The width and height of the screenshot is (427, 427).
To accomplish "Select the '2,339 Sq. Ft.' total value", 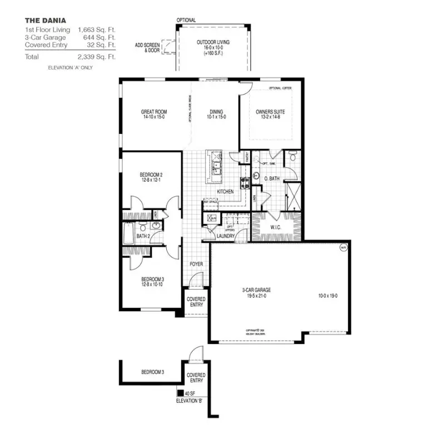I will pyautogui.click(x=97, y=57).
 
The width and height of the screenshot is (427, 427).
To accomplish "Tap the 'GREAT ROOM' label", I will pyautogui.click(x=153, y=112).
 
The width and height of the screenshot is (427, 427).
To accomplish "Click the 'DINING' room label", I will pyautogui.click(x=216, y=112).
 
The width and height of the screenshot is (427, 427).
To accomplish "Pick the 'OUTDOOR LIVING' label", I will pyautogui.click(x=213, y=42).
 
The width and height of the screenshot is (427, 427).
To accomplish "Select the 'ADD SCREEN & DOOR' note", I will pyautogui.click(x=147, y=47).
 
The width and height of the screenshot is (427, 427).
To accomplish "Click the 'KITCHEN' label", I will pyautogui.click(x=225, y=192).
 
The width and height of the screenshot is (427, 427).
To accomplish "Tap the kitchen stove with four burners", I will pyautogui.click(x=243, y=181).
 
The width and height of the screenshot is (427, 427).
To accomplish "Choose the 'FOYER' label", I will pyautogui.click(x=196, y=264).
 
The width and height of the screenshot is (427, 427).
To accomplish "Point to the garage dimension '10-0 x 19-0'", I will pyautogui.click(x=328, y=296).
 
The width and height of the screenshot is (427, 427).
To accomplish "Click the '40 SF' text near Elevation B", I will pyautogui.click(x=189, y=393).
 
